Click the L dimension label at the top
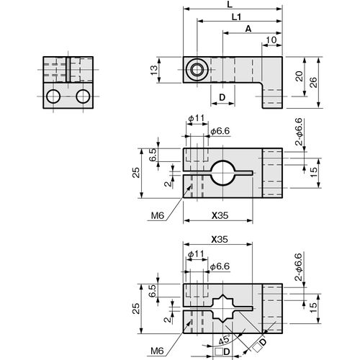(x=230, y=4)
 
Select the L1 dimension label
(x=237, y=17)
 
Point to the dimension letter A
(x=248, y=29)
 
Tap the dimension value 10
(x=271, y=40)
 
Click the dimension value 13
(x=155, y=70)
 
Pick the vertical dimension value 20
(x=299, y=76)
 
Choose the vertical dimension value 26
(x=313, y=82)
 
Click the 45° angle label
(x=225, y=341)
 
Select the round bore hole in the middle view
(x=223, y=173)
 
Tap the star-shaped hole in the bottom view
(x=223, y=308)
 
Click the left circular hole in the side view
(x=53, y=96)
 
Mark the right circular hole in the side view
(x=83, y=96)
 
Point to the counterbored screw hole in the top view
(x=197, y=70)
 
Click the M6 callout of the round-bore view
(x=158, y=216)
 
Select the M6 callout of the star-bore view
(x=158, y=351)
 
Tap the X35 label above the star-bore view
(x=220, y=240)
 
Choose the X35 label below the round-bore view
(x=220, y=216)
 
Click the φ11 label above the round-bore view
(x=197, y=118)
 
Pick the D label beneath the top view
(x=222, y=97)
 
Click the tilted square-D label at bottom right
(x=260, y=345)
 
